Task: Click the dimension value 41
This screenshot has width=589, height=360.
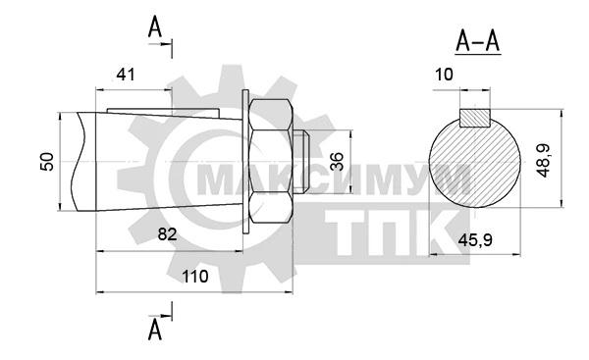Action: [125, 76]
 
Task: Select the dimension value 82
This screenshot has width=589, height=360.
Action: [167, 234]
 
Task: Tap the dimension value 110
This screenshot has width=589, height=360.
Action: [195, 277]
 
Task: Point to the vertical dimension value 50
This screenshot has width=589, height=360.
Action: [47, 162]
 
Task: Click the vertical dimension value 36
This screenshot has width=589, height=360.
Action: [337, 162]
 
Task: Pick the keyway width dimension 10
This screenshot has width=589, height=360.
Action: [444, 75]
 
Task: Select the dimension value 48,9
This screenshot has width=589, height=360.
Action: [543, 160]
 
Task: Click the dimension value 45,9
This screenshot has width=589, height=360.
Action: [475, 240]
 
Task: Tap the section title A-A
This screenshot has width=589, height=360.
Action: [478, 41]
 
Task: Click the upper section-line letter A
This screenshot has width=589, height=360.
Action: [155, 27]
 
